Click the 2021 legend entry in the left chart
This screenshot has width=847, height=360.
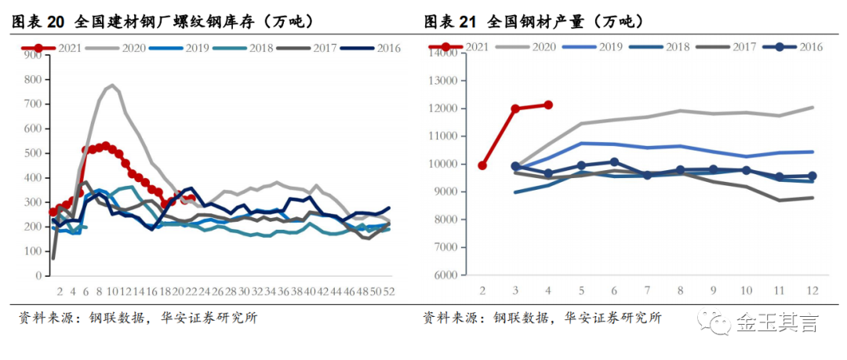(51, 48)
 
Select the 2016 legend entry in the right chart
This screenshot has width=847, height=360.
(792, 46)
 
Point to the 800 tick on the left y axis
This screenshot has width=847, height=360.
(33, 79)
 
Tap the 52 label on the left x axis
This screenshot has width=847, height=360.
(388, 291)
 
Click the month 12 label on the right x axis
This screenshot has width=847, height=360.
(812, 291)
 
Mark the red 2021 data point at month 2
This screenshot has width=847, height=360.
(482, 165)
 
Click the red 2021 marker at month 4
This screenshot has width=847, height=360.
(548, 105)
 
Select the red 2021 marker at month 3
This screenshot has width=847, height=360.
(515, 109)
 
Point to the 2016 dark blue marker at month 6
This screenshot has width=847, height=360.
(614, 162)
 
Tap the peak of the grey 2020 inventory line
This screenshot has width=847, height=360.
(112, 85)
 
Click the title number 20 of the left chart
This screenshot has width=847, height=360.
(55, 22)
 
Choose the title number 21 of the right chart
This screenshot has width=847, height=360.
(467, 22)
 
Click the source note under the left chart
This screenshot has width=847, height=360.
(138, 318)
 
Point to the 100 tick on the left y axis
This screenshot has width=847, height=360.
(33, 251)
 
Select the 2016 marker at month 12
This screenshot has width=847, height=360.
(812, 176)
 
